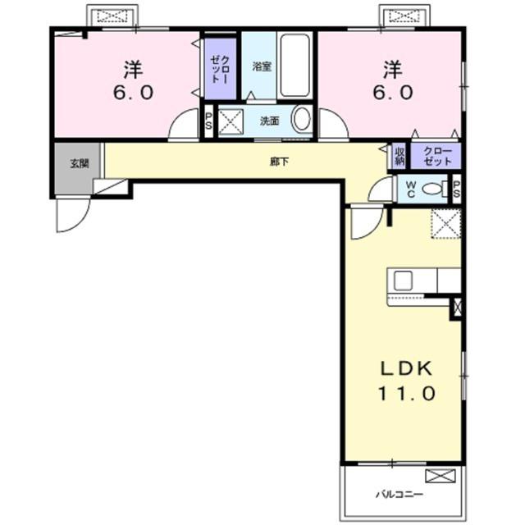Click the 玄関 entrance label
tap(80, 164)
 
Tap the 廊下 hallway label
tap(279, 162)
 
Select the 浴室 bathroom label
tap(262, 66)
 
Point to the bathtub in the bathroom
tap(294, 66)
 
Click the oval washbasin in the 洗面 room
tap(303, 119)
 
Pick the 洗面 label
tap(270, 121)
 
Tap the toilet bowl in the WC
tap(432, 189)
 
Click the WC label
tap(410, 189)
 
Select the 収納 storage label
tap(399, 157)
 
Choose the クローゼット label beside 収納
tap(437, 157)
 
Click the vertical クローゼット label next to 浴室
tap(221, 69)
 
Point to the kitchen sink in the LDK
tap(403, 281)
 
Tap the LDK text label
tap(407, 368)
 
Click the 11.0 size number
tap(407, 394)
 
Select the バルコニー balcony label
tap(399, 494)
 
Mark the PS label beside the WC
tap(457, 189)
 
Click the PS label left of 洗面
tap(208, 121)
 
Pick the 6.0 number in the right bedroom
tap(393, 93)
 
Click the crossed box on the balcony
tap(441, 476)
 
